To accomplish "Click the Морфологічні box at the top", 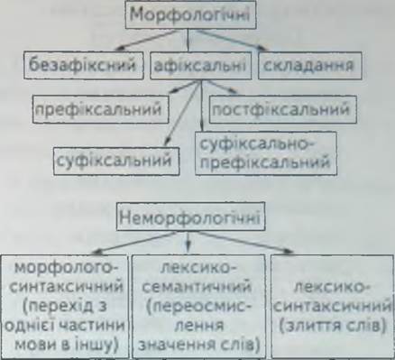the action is pyautogui.click(x=190, y=14).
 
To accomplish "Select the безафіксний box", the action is pyautogui.click(x=83, y=66).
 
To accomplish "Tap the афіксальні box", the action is pyautogui.click(x=200, y=66).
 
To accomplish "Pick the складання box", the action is pyautogui.click(x=310, y=66).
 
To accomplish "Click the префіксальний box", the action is pyautogui.click(x=100, y=109).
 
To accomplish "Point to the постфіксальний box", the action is pyautogui.click(x=283, y=109).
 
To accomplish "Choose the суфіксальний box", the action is pyautogui.click(x=116, y=161).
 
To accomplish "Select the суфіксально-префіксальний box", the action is pyautogui.click(x=266, y=153).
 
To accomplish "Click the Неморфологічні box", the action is pyautogui.click(x=190, y=217).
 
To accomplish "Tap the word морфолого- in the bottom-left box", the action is pyautogui.click(x=67, y=267).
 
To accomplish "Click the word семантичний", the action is pyautogui.click(x=197, y=287).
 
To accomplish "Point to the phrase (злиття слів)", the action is pyautogui.click(x=333, y=327).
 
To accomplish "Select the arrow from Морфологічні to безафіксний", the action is pyautogui.click(x=146, y=40).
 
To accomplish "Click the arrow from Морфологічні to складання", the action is pyautogui.click(x=232, y=40).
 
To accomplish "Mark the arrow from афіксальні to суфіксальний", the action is pyautogui.click(x=182, y=114).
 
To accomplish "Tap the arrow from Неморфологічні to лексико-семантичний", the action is pyautogui.click(x=188, y=241).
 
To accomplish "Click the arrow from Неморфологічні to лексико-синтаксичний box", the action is pyautogui.click(x=245, y=243).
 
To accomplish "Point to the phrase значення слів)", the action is pyautogui.click(x=199, y=346).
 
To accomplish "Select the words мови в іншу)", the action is pyautogui.click(x=66, y=346).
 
